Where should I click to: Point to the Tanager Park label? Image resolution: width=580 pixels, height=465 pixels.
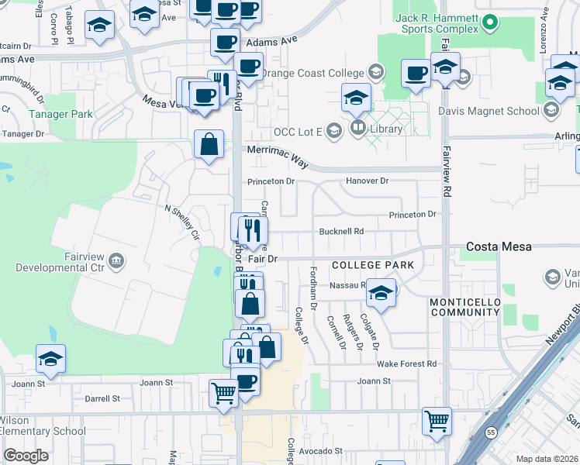[x=60, y=114]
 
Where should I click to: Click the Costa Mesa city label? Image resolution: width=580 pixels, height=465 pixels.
[x=499, y=246]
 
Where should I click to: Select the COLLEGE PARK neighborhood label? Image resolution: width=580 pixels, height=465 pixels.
[x=372, y=265]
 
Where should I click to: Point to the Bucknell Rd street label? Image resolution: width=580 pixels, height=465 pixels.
[x=341, y=231]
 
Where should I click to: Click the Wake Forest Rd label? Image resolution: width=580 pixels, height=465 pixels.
[x=402, y=363]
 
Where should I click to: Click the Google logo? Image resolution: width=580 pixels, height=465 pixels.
[x=26, y=456]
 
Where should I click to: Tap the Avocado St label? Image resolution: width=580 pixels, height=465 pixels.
[x=318, y=450]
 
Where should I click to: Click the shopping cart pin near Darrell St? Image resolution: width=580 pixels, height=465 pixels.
[x=223, y=392]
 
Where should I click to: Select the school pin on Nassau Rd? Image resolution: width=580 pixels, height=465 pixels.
[x=381, y=292]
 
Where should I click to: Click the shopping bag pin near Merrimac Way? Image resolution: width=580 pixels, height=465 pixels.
[x=209, y=144]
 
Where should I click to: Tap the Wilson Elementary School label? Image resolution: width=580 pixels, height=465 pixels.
[x=43, y=432]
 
